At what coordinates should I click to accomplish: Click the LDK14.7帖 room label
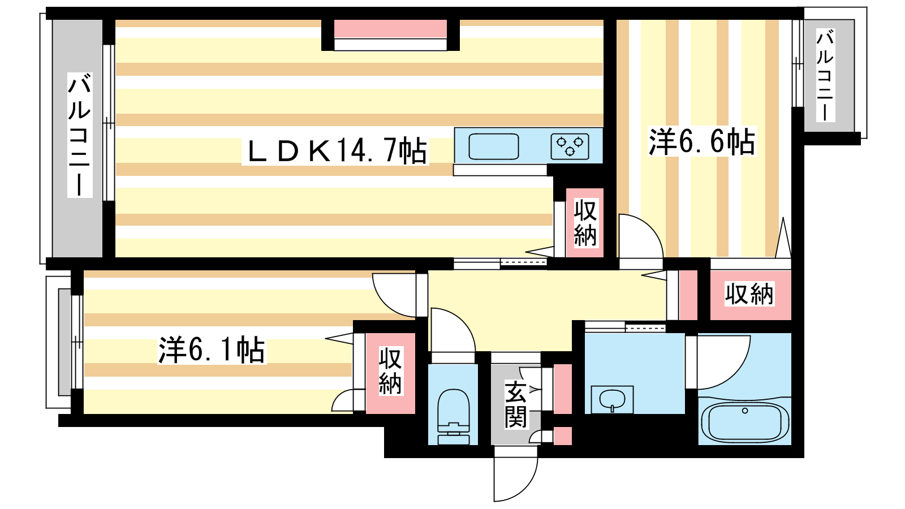coord(336,151)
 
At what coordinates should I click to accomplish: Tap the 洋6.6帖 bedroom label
coord(701,141)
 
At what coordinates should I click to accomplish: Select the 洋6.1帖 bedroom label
coord(212,350)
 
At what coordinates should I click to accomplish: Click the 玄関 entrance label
coord(515,404)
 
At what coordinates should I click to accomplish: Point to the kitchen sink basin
coord(493,146)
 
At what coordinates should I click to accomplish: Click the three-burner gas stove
coord(570,146)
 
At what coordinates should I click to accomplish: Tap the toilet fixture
coord(453,416)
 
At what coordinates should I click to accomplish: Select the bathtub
coord(744,422)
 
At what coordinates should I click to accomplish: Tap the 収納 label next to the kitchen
coord(585,222)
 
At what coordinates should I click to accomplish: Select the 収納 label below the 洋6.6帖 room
coord(749,295)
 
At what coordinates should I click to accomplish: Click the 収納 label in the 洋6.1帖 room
coord(390,371)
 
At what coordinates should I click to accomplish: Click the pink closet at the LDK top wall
coord(390,29)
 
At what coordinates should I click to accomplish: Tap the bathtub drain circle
coord(745,411)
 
